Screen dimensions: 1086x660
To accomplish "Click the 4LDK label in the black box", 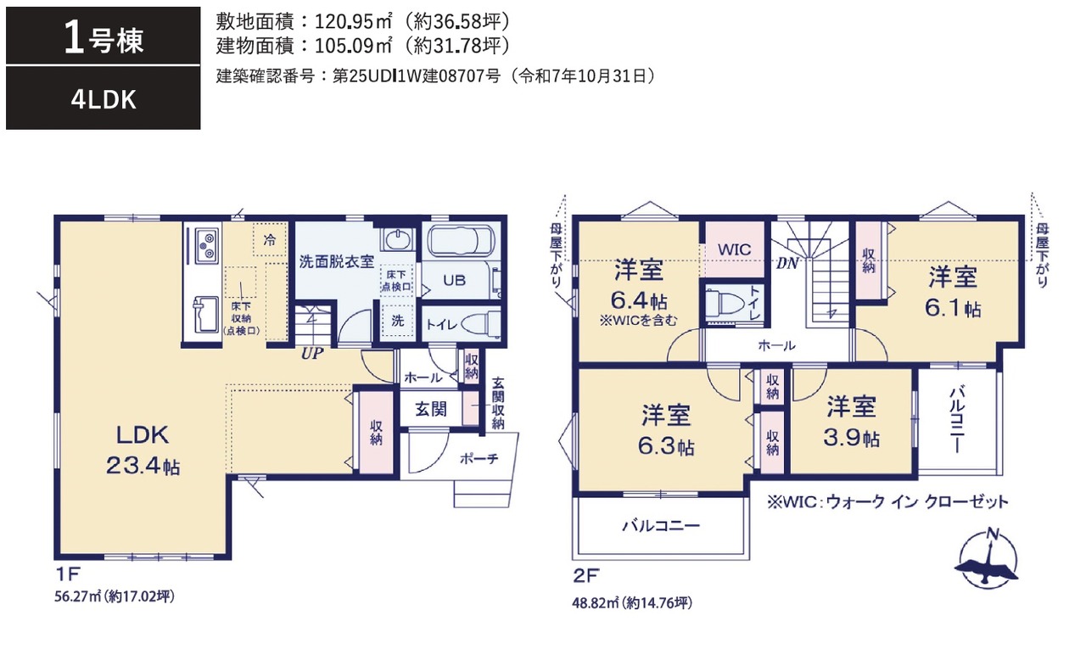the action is (104, 100).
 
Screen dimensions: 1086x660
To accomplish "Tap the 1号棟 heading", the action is (104, 39).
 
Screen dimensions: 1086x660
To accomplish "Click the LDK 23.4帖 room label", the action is (143, 450).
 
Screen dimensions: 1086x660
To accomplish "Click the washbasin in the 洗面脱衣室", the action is (399, 239).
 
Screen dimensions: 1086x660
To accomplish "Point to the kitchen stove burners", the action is (207, 245).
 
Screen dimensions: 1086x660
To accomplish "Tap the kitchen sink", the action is (205, 315).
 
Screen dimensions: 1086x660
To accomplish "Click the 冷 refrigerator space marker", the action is (270, 239).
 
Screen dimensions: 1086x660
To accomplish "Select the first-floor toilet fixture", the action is (480, 322).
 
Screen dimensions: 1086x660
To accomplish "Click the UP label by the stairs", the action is (311, 353).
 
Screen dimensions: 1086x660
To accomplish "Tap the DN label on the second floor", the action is (787, 263).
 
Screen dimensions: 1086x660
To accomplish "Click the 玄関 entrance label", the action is (430, 410).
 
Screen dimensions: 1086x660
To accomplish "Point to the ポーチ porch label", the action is (479, 458).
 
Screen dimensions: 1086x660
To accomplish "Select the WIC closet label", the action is (734, 249).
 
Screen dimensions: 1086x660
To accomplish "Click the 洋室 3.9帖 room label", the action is (851, 421).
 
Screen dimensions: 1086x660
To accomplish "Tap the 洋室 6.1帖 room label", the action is (953, 292).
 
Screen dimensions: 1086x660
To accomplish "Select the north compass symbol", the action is (988, 560).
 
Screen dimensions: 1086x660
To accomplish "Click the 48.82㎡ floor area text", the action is (632, 603).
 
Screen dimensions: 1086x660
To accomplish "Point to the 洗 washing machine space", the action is (398, 321).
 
